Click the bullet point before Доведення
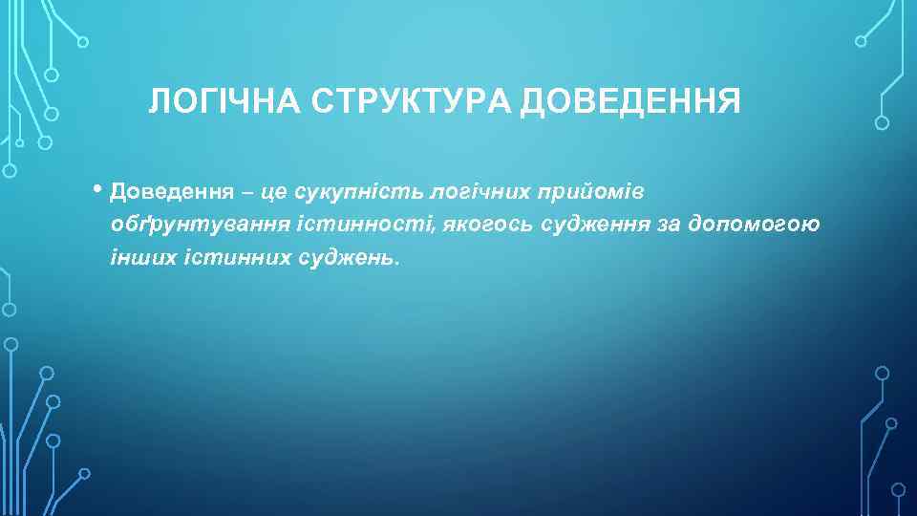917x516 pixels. (99, 188)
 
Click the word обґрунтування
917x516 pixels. (187, 226)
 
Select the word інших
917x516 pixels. (137, 258)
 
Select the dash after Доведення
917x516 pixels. (247, 192)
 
